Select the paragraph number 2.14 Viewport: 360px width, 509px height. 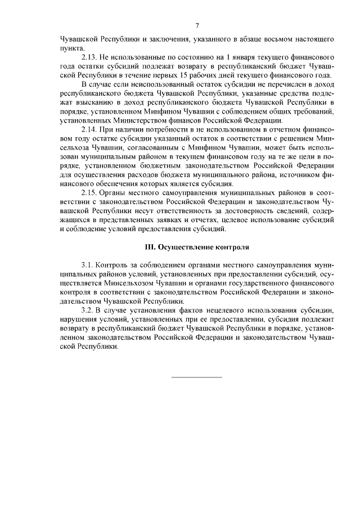91,129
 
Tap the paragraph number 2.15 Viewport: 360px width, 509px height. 91,193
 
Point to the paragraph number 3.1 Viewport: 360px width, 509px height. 88,264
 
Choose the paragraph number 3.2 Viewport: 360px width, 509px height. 88,310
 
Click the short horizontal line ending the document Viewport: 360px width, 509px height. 196,376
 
